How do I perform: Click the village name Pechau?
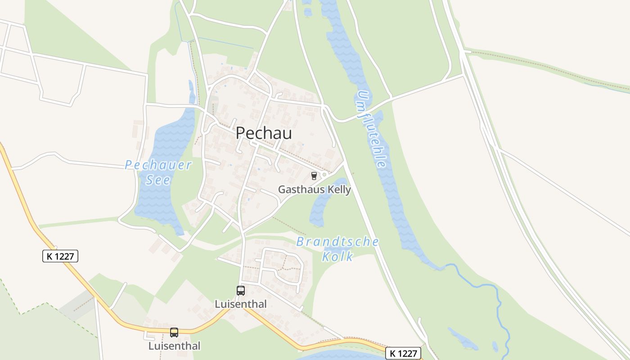point(264,133)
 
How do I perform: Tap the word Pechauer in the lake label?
point(158,165)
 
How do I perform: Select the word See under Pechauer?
point(158,180)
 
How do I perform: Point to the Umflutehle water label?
point(372,129)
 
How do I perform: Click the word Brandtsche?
point(337,242)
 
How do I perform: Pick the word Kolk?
point(337,257)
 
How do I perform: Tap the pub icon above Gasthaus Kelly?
point(314,176)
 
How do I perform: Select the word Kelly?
point(336,189)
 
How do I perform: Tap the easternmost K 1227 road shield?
point(403,354)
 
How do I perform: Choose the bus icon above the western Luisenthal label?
point(174,333)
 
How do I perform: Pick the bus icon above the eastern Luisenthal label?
point(241,291)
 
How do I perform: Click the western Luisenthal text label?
point(174,346)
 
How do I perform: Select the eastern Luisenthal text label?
point(241,304)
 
